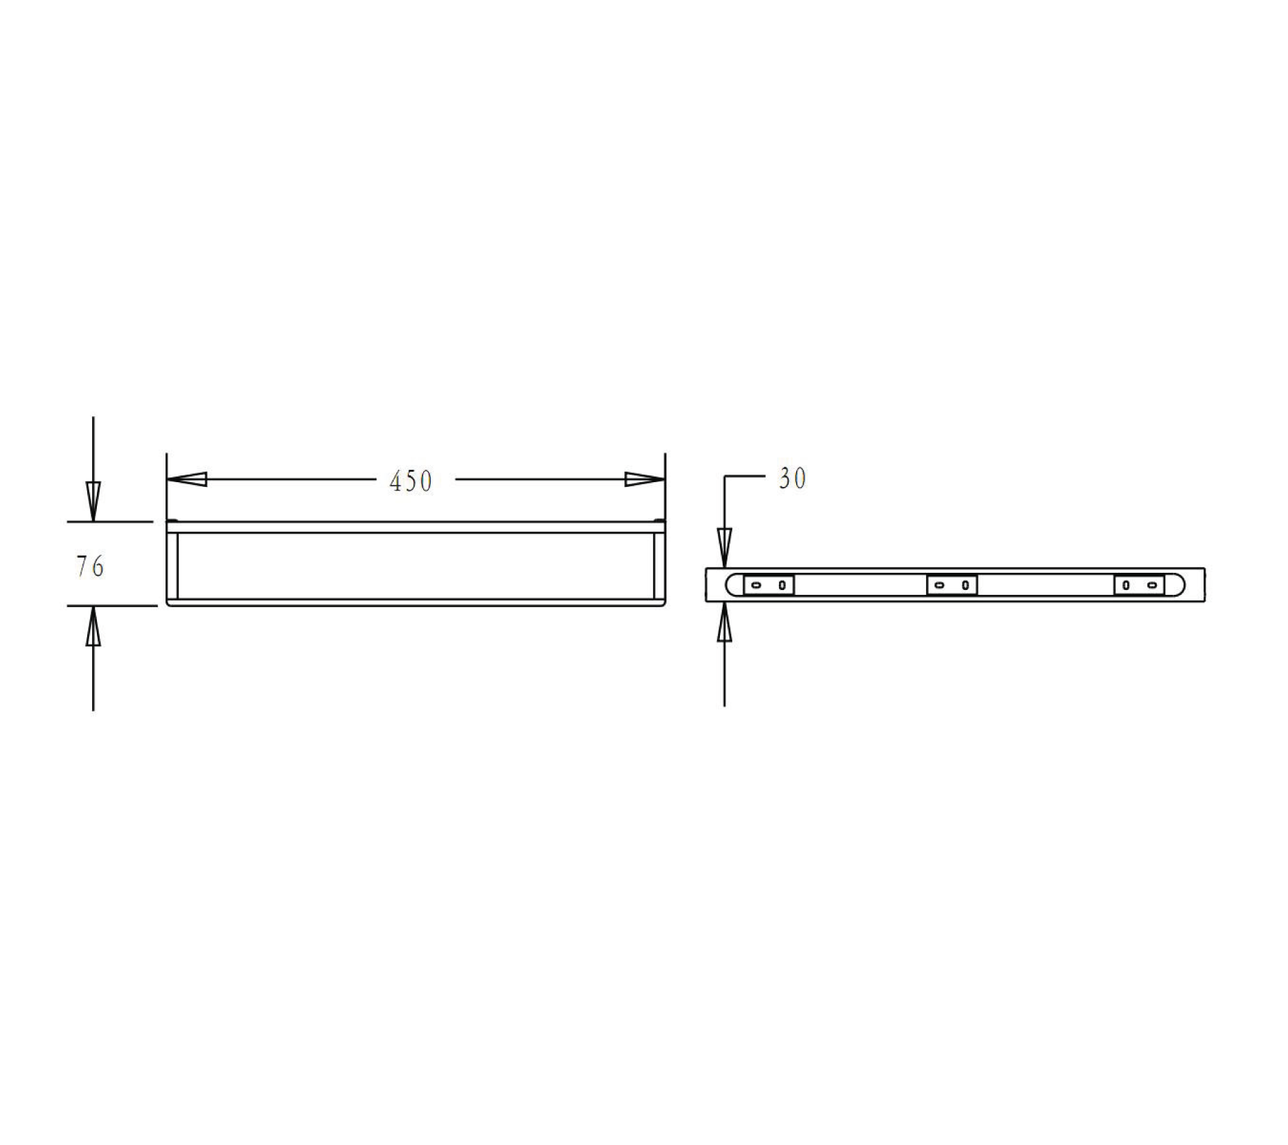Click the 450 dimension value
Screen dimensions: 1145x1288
(x=411, y=481)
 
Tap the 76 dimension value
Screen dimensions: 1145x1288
(x=90, y=567)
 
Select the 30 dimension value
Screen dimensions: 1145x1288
(x=792, y=479)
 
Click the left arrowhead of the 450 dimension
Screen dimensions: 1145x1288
(x=187, y=479)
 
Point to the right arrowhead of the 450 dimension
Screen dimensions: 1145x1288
(x=644, y=479)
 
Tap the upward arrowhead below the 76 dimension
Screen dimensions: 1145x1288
(x=93, y=627)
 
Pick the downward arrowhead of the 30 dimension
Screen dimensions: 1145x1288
(x=724, y=547)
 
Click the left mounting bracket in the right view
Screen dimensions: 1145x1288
(x=769, y=585)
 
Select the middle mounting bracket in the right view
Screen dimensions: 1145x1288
(x=951, y=585)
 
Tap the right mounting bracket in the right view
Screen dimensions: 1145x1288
(x=1139, y=585)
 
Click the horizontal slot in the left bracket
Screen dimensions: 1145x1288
(x=756, y=585)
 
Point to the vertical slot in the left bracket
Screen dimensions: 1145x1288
(x=782, y=585)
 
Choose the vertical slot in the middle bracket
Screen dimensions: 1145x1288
(x=965, y=585)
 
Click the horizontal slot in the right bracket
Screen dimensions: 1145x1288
(x=1152, y=585)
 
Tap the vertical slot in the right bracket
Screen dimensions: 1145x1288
(x=1126, y=585)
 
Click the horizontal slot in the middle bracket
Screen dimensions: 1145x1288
(x=939, y=585)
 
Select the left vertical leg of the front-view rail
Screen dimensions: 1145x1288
(x=173, y=565)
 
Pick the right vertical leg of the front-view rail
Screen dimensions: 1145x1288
(x=659, y=565)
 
